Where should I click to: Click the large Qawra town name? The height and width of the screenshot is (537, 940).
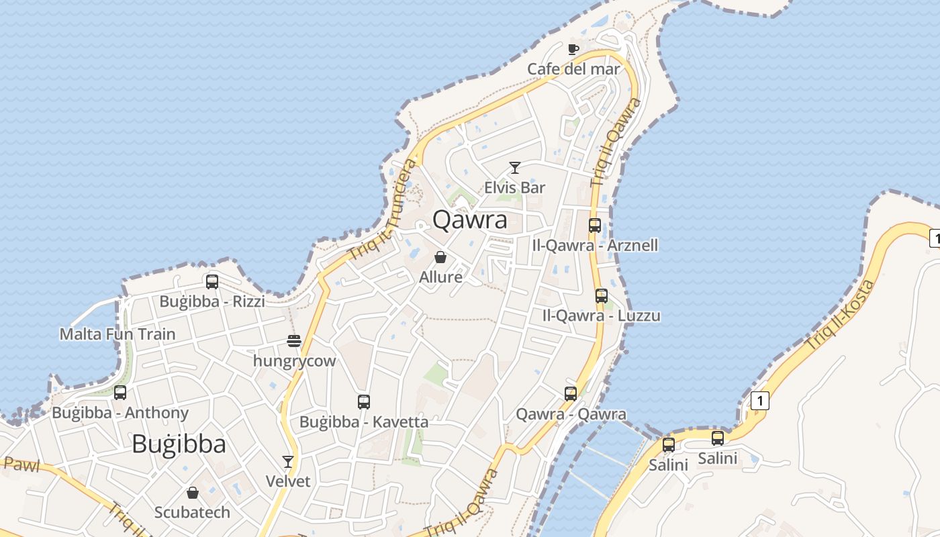pos(469,219)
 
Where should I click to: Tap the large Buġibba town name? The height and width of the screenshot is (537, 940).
pos(179,444)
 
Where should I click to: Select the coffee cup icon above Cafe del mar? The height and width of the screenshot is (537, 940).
pos(573,49)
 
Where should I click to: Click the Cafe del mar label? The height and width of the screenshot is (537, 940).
pos(573,68)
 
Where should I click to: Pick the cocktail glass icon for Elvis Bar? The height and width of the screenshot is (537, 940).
pos(515,168)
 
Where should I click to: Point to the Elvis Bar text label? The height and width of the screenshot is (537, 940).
pos(515,187)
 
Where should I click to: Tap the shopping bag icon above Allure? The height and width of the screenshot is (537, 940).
pos(440,257)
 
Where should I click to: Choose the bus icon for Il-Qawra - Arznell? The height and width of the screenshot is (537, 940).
pos(595,226)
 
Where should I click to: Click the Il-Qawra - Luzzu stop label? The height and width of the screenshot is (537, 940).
pos(602,315)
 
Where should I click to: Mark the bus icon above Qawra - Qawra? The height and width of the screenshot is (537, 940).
pos(571,394)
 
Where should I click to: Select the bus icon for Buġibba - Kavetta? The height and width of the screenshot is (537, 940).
pos(364,402)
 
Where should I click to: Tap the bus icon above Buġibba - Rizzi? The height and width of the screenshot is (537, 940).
pos(212,282)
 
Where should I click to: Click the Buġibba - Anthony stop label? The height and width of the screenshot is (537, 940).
pos(120,413)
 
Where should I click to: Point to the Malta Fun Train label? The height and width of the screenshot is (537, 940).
pos(117,334)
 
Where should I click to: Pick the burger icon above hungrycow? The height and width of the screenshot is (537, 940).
pos(294,341)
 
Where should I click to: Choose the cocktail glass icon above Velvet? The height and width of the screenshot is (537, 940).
pos(288,462)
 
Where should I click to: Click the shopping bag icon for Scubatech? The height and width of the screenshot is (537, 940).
pos(193,493)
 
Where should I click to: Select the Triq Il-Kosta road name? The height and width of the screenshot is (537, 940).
pos(841,314)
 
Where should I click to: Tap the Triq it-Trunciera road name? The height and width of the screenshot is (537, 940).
pos(383,210)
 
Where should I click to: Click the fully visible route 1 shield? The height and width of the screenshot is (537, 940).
pos(760,401)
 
